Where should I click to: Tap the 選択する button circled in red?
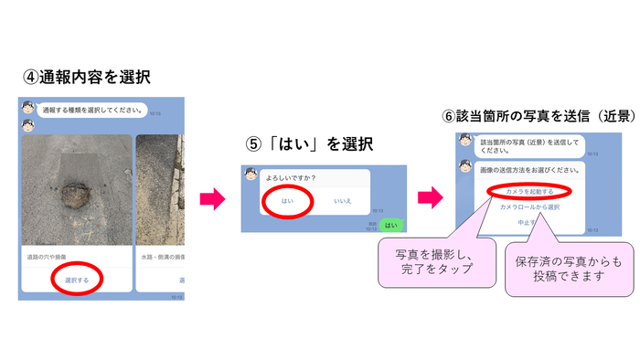(x=77, y=280)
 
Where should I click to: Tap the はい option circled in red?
(x=289, y=201)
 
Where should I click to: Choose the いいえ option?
(x=343, y=201)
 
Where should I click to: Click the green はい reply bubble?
(x=390, y=224)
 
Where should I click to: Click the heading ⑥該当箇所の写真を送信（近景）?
(x=538, y=116)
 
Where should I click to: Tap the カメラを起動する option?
(x=529, y=190)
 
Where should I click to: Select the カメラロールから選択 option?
(x=529, y=206)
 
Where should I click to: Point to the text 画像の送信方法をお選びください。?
(x=529, y=170)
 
